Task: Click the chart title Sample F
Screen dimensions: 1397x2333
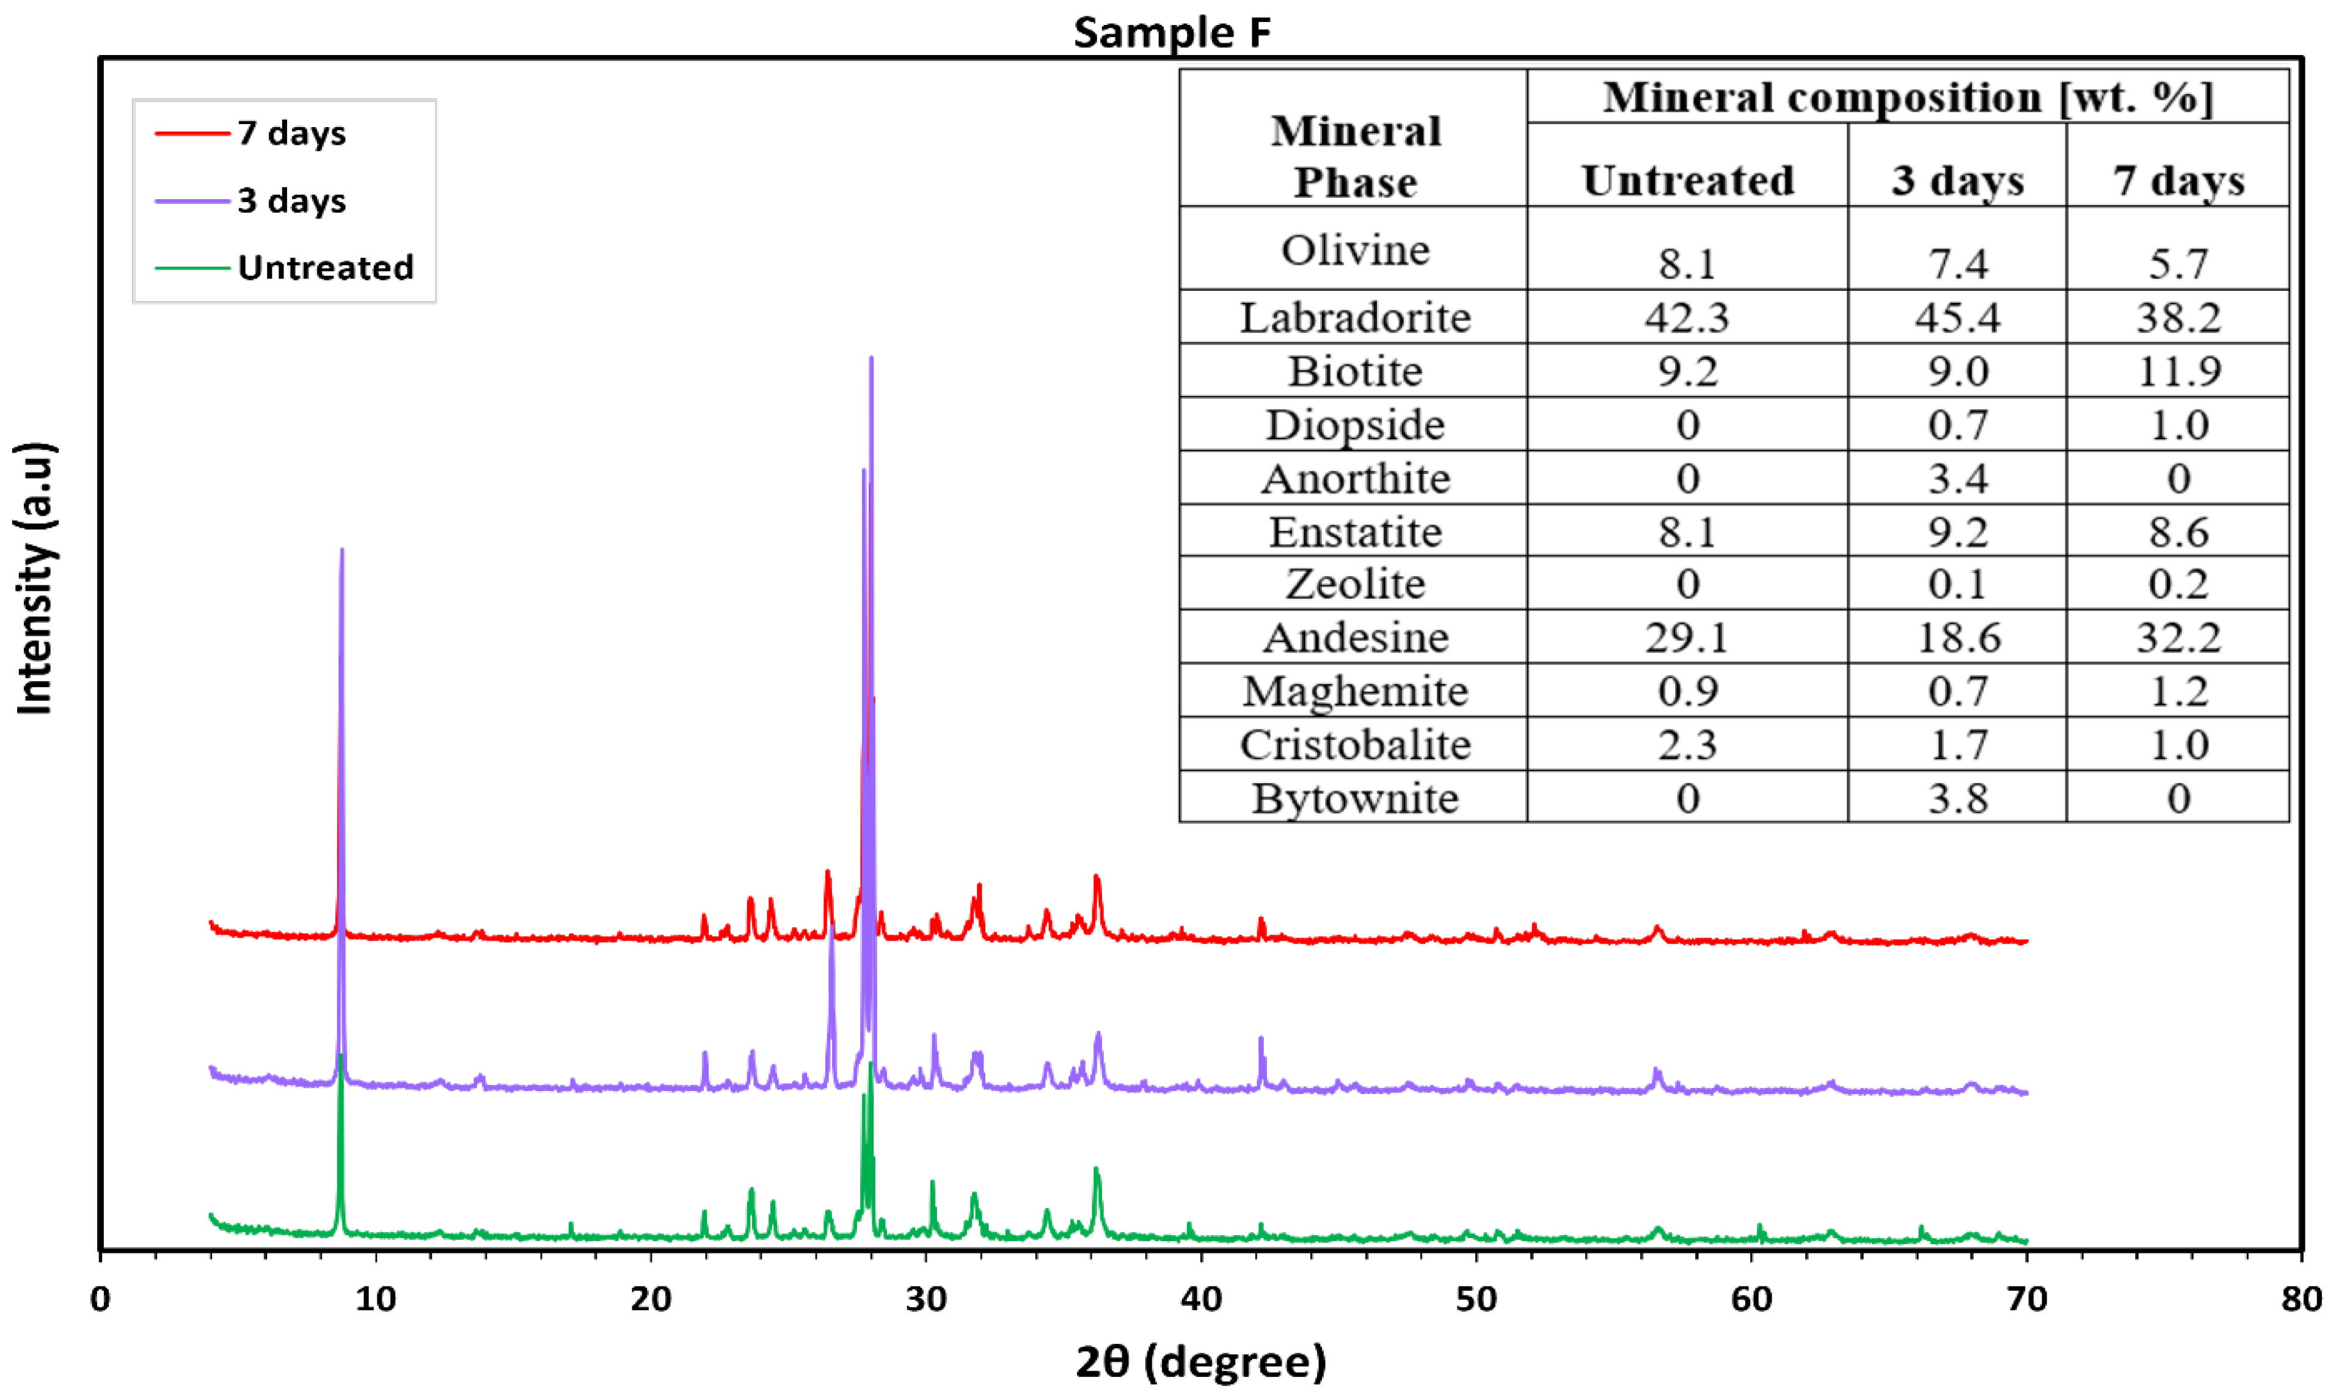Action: [x=1172, y=33]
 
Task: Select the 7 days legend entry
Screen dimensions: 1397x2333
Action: [x=292, y=134]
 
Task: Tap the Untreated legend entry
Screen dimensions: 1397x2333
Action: [x=325, y=268]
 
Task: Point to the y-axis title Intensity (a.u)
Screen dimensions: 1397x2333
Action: [x=36, y=579]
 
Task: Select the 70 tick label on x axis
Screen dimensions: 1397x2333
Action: [x=2026, y=1300]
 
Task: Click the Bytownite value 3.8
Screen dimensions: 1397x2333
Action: [x=1957, y=798]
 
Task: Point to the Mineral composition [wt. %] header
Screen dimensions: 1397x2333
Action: [x=1907, y=98]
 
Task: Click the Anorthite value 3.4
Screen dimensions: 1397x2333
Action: [x=1957, y=479]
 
